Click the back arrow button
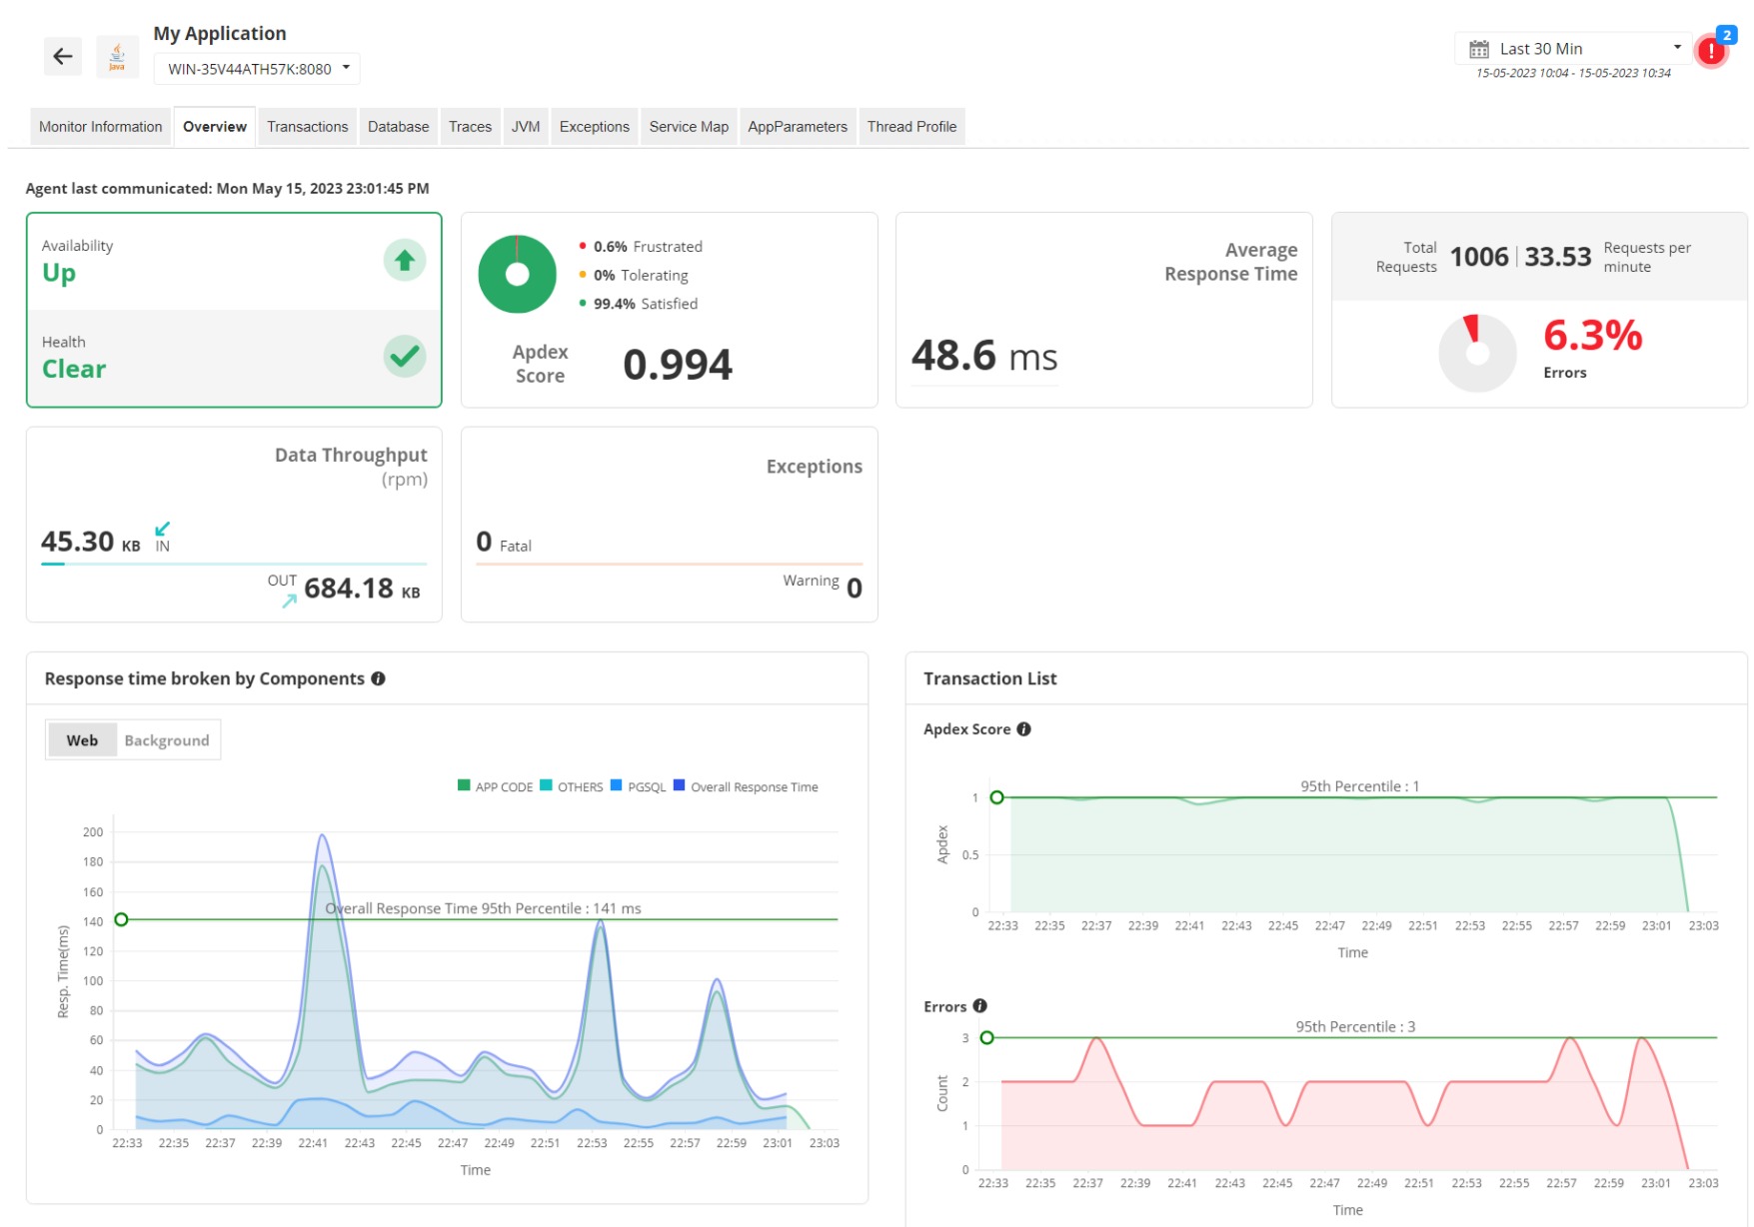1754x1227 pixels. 62,57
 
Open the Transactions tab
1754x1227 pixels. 307,127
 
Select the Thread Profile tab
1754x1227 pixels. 910,127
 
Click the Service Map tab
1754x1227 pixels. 688,127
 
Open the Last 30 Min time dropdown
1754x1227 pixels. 1573,49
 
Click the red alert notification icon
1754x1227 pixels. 1710,51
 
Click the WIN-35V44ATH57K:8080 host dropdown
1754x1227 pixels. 257,69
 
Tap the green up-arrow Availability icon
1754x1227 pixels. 404,261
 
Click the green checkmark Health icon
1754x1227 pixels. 404,356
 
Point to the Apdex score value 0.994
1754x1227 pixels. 677,365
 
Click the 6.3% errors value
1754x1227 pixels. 1591,336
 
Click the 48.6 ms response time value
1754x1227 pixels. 983,357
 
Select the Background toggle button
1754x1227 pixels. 166,740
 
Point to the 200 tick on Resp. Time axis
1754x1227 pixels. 93,832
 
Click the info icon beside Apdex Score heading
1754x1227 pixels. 1023,729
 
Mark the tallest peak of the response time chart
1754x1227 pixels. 322,835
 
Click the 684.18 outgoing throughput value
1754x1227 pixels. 349,589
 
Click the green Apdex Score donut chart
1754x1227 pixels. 517,275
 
